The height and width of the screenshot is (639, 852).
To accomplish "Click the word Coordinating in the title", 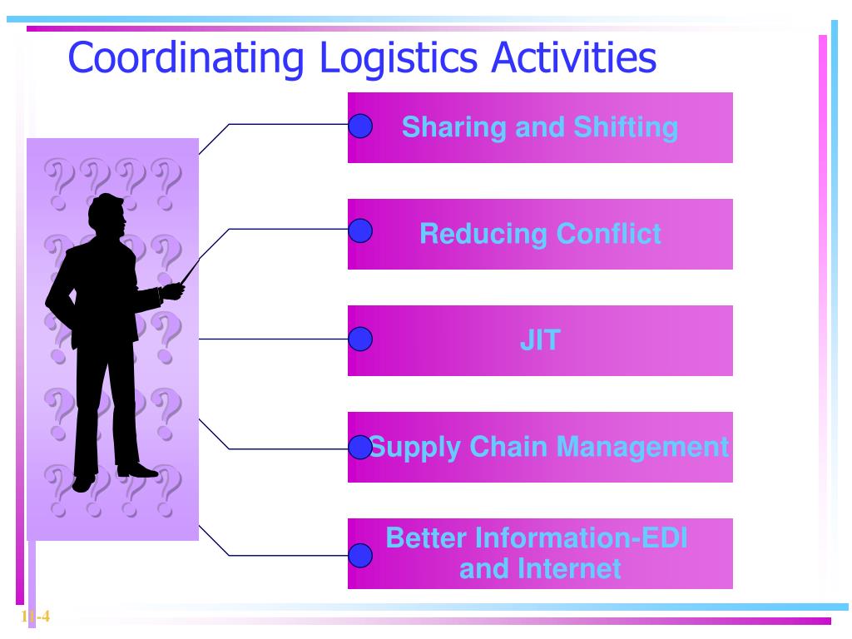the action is (186, 58).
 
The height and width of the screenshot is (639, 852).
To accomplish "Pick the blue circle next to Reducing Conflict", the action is (359, 231).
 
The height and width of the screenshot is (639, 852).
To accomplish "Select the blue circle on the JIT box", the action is (359, 339).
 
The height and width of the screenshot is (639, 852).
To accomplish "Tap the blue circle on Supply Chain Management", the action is (359, 447).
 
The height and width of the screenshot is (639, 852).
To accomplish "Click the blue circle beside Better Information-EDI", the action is (359, 555).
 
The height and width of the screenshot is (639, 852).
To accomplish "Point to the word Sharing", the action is (453, 128).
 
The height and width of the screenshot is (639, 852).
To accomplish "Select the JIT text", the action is (540, 340).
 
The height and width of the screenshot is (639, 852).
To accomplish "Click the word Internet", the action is (570, 569).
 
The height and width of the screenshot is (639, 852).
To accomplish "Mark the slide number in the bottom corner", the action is (35, 617).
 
